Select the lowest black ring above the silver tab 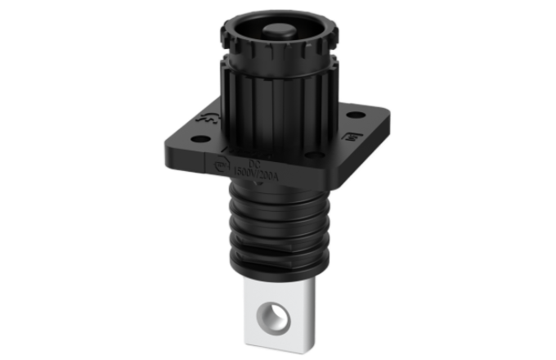[x=279, y=266]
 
